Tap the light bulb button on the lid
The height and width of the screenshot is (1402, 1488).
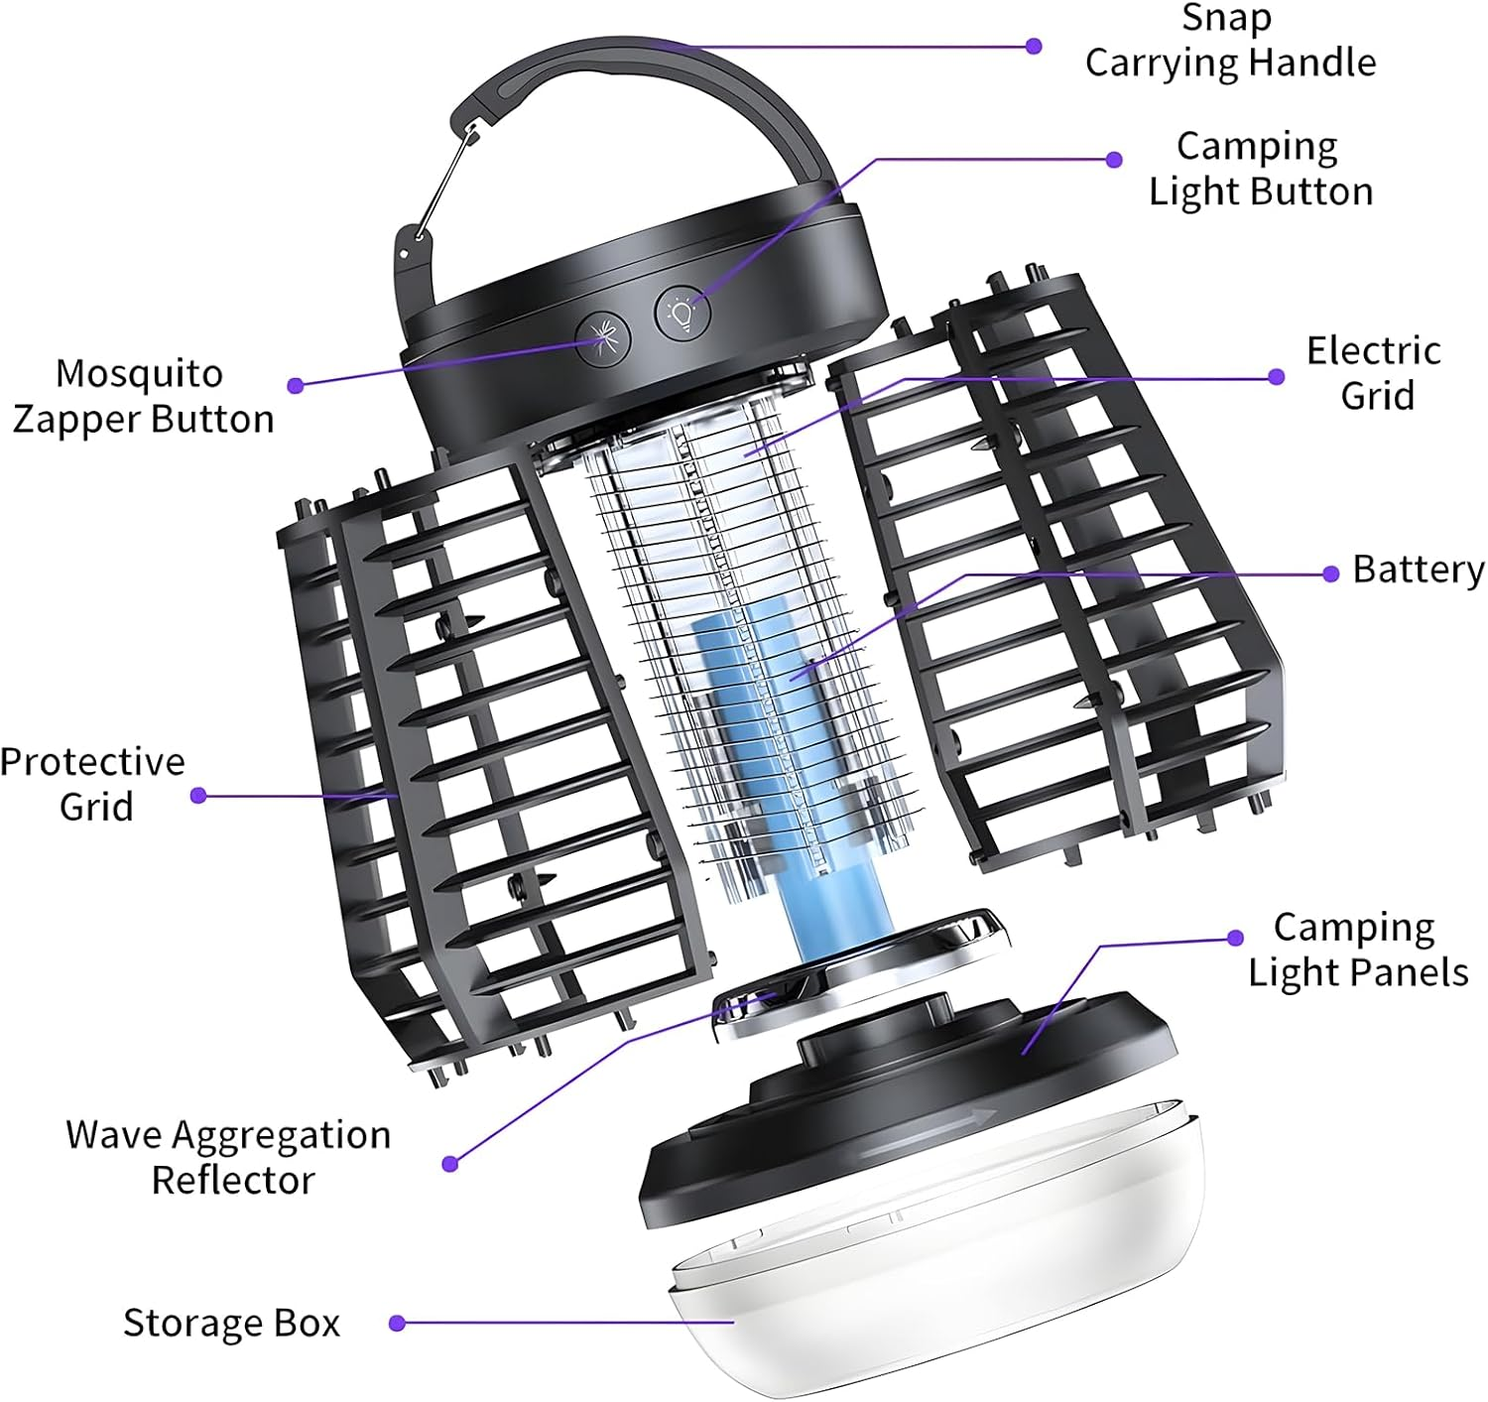pos(683,315)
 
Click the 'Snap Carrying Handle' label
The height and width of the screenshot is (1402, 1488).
pos(1229,41)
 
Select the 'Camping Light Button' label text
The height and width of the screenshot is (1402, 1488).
pos(1260,169)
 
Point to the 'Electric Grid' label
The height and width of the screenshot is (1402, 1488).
pos(1374,373)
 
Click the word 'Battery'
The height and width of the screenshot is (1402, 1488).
pos(1418,571)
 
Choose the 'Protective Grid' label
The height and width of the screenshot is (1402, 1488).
pos(93,784)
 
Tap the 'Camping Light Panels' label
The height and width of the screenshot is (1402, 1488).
pos(1357,950)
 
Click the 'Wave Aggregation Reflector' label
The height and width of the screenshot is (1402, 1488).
pos(229,1157)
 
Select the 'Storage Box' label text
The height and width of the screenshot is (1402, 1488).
pos(231,1324)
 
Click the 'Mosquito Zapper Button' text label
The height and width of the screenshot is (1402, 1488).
pos(142,397)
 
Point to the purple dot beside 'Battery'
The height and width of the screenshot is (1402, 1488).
pos(1331,574)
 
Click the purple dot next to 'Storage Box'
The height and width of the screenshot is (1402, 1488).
pos(397,1323)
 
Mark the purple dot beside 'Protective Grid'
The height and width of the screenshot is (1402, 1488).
pos(198,795)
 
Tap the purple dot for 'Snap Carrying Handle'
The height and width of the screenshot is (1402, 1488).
pos(1034,46)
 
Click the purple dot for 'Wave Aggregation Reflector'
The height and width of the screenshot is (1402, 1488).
pos(449,1163)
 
